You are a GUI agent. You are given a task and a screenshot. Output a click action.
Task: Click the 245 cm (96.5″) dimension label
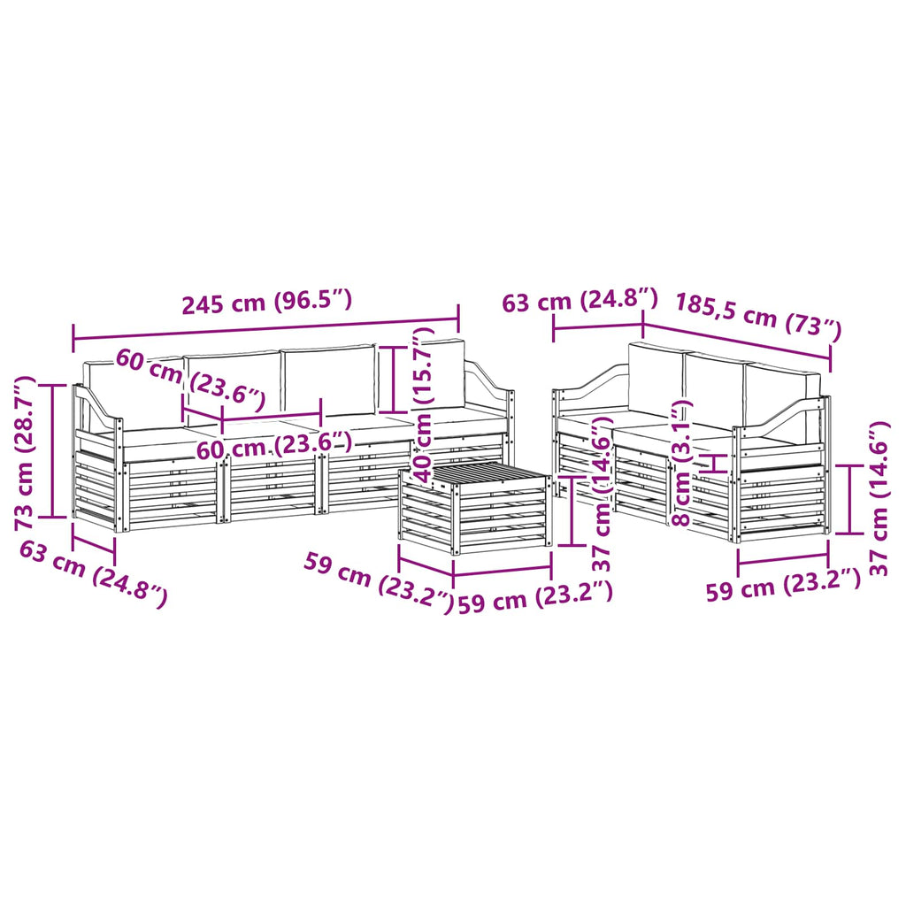(x=267, y=303)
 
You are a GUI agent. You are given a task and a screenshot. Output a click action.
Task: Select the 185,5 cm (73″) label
(x=758, y=316)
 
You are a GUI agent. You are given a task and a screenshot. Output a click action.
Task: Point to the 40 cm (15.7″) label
(x=425, y=405)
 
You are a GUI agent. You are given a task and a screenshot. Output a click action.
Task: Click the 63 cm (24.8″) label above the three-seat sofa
(x=580, y=301)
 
